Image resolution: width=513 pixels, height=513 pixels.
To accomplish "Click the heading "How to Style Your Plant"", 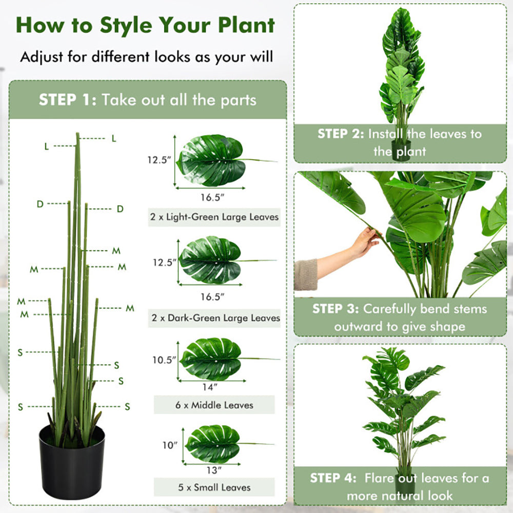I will tap(146, 25).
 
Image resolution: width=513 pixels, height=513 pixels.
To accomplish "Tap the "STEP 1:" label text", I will tap(68, 100).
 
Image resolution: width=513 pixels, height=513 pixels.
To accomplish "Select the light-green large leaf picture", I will tap(211, 161).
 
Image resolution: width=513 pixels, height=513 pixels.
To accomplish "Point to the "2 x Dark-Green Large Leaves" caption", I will tap(215, 318).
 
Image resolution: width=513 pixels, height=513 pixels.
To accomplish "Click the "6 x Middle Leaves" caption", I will tap(214, 405).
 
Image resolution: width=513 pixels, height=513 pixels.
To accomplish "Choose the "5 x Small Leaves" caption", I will tap(215, 487).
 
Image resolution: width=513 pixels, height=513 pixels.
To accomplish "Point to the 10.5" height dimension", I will tap(164, 360).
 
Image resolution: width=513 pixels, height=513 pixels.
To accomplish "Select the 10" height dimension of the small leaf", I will tap(169, 445).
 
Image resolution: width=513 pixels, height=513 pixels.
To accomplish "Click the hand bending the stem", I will tap(365, 242).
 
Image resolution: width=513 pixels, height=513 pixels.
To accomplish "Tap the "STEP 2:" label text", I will tap(341, 134).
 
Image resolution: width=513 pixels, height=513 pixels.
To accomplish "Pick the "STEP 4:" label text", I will tap(333, 478).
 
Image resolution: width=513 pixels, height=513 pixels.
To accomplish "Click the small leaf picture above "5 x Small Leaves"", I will tap(213, 443).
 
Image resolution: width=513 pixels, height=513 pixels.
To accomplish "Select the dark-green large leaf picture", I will tap(210, 260).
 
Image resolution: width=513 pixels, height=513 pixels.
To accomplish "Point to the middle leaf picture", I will tap(211, 359).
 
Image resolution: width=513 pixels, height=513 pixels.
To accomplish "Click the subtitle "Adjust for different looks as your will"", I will tap(146, 56).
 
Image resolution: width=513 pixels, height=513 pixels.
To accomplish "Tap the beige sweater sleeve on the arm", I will tap(306, 274).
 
